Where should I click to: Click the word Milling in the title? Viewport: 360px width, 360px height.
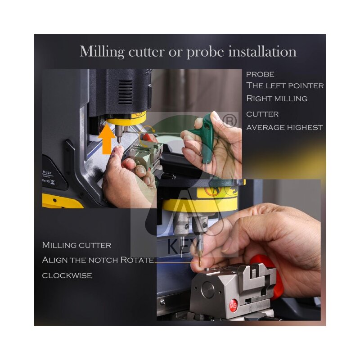tap(102, 52)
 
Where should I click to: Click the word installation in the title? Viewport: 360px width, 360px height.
tap(262, 51)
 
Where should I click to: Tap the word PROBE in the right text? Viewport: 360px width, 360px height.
tap(260, 74)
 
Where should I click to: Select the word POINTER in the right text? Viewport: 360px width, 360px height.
tap(306, 85)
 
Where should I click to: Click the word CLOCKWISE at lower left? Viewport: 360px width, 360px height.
tap(67, 275)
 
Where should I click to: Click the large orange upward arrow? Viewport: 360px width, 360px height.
tap(107, 139)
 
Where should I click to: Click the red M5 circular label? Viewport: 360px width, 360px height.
tap(233, 306)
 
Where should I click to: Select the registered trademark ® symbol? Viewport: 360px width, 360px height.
tap(229, 121)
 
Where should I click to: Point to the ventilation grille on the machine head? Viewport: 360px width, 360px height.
tap(125, 92)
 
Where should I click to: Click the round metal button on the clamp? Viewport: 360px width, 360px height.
tap(208, 290)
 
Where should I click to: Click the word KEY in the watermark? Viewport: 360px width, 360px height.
tap(182, 246)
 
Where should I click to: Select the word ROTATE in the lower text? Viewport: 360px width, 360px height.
tap(137, 260)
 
